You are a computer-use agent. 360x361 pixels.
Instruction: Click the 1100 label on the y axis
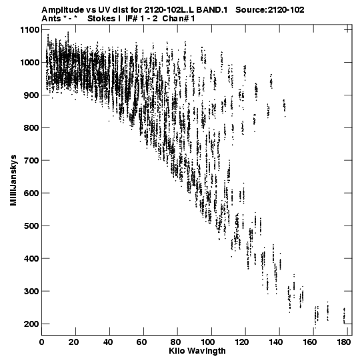tap(30, 30)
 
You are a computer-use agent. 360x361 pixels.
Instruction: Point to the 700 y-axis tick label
tap(31, 160)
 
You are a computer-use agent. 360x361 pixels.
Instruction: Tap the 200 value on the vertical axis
tap(31, 324)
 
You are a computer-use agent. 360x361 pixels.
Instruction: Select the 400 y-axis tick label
tap(31, 258)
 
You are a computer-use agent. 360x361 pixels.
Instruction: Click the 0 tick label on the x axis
tap(41, 342)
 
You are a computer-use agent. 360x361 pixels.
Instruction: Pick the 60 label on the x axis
tap(142, 342)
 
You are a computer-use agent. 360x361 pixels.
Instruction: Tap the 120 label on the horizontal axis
tap(243, 342)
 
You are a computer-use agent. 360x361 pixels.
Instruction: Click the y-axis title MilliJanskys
tap(13, 180)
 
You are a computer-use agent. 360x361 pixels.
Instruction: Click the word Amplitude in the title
tap(63, 10)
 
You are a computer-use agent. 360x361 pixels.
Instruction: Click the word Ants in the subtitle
tap(51, 19)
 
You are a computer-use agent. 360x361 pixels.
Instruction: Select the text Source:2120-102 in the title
tap(270, 10)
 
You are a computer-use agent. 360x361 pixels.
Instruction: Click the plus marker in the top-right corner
tap(348, 29)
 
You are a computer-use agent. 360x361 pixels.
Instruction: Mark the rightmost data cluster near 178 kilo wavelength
tap(345, 316)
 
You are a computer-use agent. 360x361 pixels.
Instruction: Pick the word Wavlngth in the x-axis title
tap(207, 352)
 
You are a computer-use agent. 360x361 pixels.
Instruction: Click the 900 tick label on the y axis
tap(31, 95)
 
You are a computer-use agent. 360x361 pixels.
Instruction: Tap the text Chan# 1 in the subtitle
tap(179, 19)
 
